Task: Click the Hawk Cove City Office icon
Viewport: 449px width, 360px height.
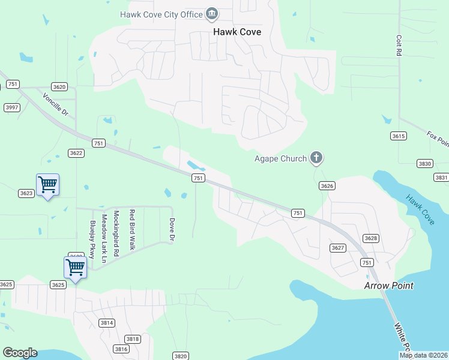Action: tap(212, 13)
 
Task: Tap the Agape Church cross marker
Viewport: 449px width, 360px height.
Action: tap(316, 158)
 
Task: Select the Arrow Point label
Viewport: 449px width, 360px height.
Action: tap(388, 286)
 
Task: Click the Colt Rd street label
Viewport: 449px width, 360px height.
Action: tap(398, 45)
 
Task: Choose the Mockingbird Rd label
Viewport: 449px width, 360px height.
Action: tap(116, 233)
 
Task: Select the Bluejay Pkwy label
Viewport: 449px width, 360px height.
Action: tap(92, 239)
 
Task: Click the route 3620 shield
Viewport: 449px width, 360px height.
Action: tap(59, 86)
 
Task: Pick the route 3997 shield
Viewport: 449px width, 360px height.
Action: tap(11, 107)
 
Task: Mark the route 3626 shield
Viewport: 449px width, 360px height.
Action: tap(327, 186)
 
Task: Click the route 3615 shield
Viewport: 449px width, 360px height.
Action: tap(398, 136)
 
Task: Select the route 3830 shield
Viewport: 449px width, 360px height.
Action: tap(425, 163)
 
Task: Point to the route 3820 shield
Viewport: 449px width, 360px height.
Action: tap(180, 356)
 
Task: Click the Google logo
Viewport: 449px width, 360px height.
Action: tap(20, 353)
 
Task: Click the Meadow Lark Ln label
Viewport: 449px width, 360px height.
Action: tap(104, 238)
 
